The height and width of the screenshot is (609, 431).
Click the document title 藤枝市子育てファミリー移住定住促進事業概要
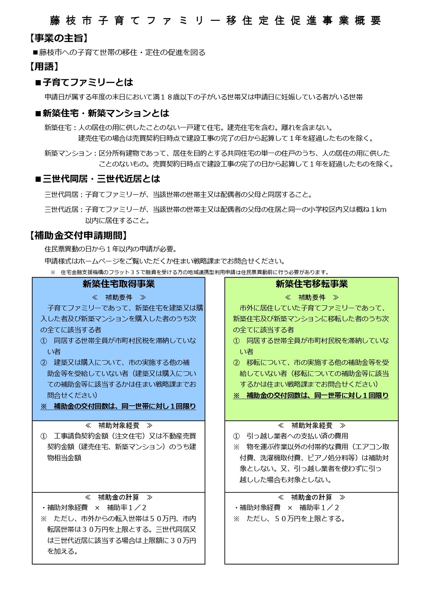point(215,21)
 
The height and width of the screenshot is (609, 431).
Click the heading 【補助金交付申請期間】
point(78,236)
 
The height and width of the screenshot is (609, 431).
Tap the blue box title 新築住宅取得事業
point(119,284)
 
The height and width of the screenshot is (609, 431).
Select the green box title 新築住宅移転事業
point(311,284)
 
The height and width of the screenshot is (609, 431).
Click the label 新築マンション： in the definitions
point(71,153)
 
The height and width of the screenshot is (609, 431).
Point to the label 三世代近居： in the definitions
point(64,210)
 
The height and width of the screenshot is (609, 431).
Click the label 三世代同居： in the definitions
point(64,195)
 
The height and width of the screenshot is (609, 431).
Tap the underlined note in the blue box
point(118,407)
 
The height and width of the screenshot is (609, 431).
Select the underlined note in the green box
point(311,396)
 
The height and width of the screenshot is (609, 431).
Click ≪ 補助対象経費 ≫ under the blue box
point(119,426)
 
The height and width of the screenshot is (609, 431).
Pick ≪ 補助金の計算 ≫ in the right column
point(311,497)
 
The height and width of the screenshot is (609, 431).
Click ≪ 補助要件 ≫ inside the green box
point(311,298)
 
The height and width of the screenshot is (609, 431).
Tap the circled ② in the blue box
point(44,363)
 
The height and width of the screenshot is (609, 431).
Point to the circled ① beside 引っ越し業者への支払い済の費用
point(236,436)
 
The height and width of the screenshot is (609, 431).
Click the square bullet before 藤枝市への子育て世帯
point(35,53)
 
